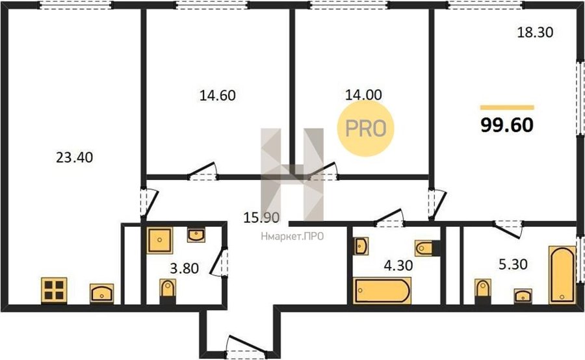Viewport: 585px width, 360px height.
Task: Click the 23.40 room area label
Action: [x=75, y=157]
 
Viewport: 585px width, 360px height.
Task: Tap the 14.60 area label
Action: [x=218, y=96]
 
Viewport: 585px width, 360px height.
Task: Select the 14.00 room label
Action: [x=363, y=95]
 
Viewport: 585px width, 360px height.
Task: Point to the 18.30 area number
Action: [x=535, y=32]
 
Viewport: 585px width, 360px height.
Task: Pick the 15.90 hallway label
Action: [x=261, y=217]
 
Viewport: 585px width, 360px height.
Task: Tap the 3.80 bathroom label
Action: [x=185, y=268]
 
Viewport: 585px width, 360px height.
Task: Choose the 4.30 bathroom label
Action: [x=398, y=265]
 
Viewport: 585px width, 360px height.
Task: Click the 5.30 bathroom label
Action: [x=513, y=264]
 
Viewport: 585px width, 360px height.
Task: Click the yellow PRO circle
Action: [x=365, y=128]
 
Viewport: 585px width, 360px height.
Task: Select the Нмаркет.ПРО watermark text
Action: [x=292, y=236]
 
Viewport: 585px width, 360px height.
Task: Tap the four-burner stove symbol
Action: [x=54, y=290]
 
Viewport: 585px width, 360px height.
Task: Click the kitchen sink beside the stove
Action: [x=101, y=293]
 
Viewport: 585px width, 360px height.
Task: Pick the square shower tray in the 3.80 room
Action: [x=160, y=240]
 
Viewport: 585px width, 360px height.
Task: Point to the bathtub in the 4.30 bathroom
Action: [x=382, y=290]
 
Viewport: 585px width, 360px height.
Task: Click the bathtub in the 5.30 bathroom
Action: [x=562, y=274]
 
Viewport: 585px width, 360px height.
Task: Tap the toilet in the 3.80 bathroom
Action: [x=168, y=292]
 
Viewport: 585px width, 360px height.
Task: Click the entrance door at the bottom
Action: [x=246, y=345]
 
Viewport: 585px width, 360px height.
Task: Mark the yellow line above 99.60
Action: [x=507, y=107]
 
